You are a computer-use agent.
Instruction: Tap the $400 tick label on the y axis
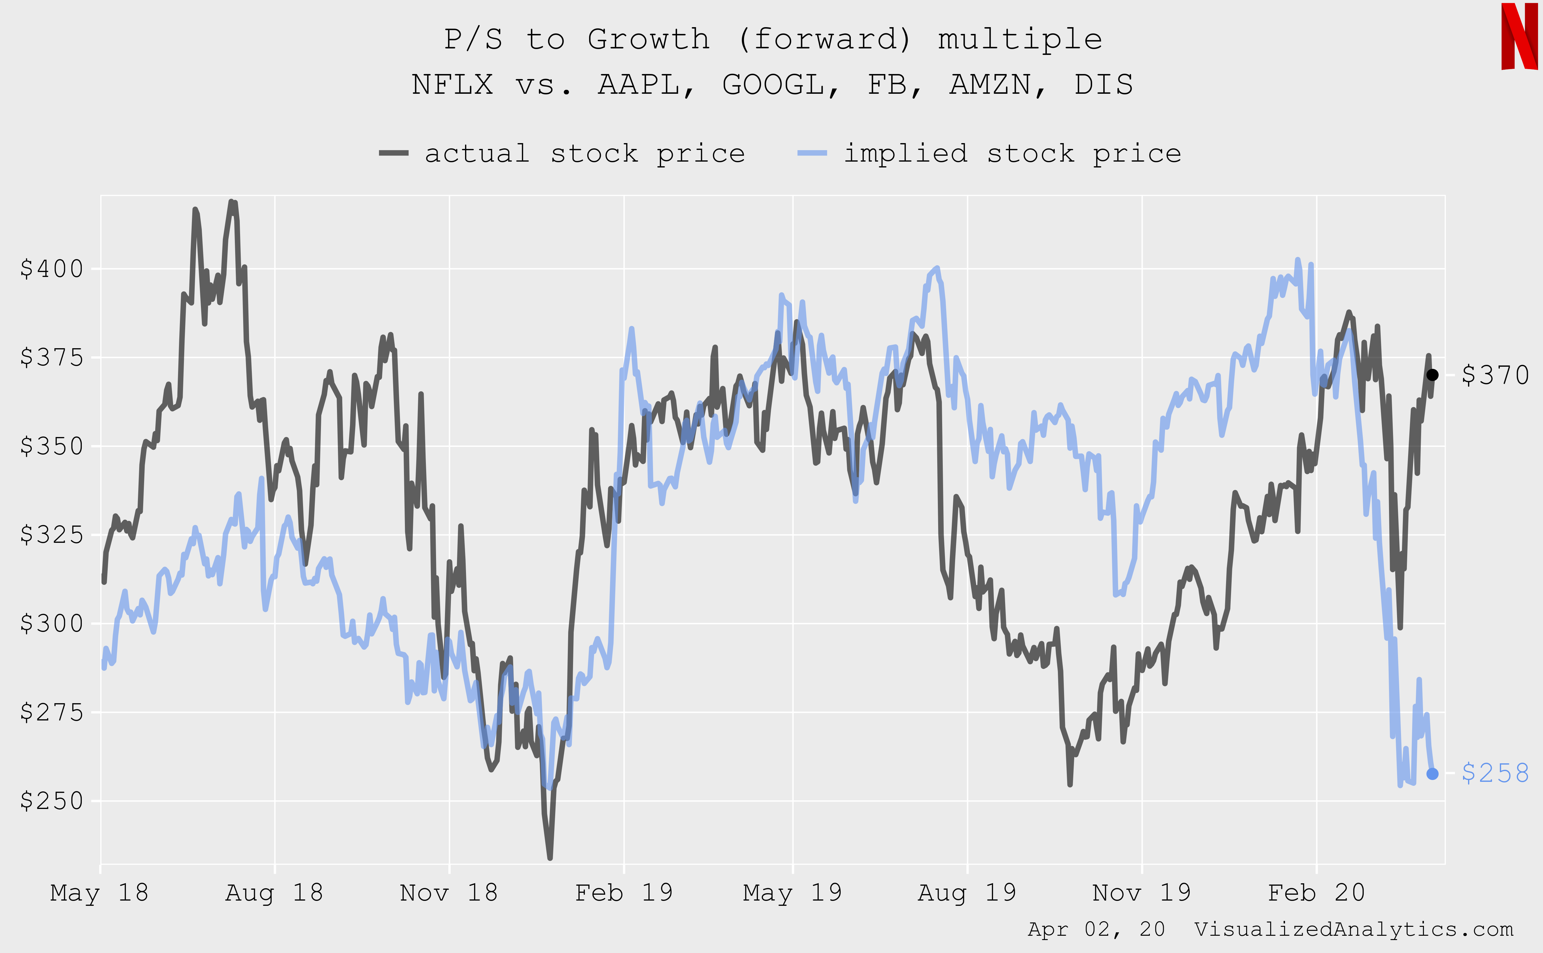point(52,269)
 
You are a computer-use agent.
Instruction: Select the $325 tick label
point(52,534)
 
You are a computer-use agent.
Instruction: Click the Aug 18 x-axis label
point(274,893)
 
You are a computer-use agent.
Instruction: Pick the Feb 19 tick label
point(624,893)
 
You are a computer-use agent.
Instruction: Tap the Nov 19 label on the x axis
point(1141,893)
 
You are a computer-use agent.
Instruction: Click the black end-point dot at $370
point(1432,375)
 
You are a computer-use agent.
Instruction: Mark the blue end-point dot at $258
point(1432,774)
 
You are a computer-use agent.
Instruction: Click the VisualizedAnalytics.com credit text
point(1354,929)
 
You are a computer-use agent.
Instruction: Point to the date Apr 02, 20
point(1096,929)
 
